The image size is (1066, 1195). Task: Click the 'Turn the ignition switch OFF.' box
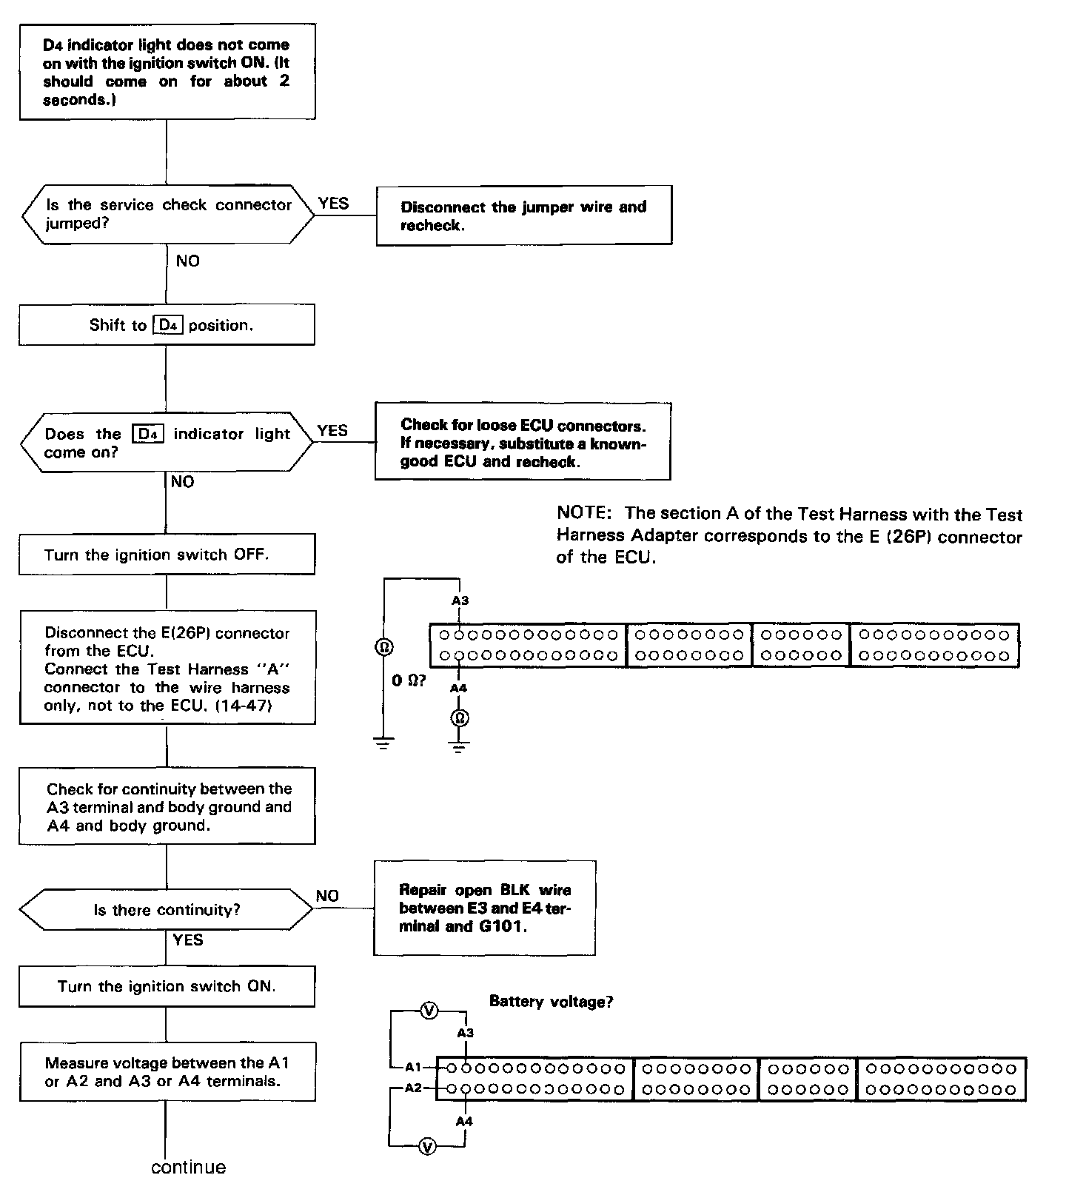pos(167,554)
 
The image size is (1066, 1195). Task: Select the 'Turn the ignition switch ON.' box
pos(167,986)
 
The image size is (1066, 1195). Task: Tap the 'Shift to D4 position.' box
pos(167,325)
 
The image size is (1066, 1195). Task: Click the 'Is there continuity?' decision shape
pos(167,910)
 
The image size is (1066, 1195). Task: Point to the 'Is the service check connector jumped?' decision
pos(168,214)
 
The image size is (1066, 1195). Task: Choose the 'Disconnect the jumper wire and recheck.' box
pos(524,215)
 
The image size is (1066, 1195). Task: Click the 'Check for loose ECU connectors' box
pos(523,443)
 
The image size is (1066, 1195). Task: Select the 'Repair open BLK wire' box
pos(485,908)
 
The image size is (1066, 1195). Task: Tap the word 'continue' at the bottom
pos(188,1168)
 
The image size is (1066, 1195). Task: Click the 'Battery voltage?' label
pos(552,1002)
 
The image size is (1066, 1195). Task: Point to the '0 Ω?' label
pos(409,680)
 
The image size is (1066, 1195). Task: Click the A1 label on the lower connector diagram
pos(413,1068)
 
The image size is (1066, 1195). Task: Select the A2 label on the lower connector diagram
pos(413,1088)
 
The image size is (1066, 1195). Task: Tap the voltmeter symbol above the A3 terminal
pos(429,1010)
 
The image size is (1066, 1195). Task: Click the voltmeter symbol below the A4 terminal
pos(426,1147)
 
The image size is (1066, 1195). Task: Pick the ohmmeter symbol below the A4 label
pos(460,717)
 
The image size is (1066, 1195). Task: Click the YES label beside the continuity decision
pos(188,940)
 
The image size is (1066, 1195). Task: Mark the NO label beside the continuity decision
pos(327,896)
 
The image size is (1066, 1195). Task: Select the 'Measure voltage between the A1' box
pos(167,1071)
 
